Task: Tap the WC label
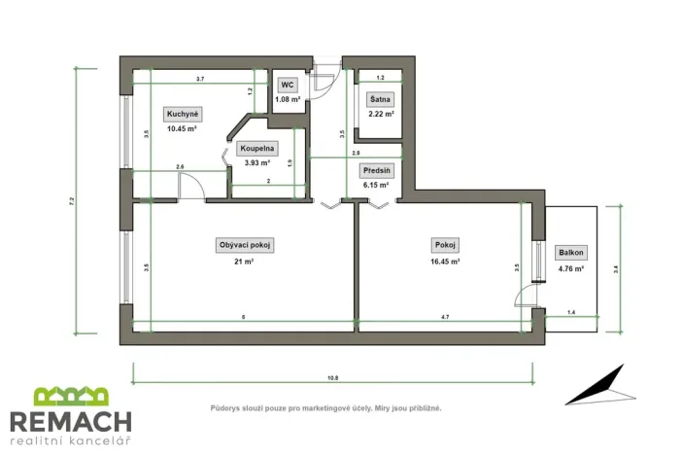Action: coord(288,86)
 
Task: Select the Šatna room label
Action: coord(380,100)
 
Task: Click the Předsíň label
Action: coord(376,169)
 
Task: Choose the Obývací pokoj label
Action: coord(245,246)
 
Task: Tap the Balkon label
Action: coord(570,253)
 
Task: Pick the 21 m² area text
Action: coord(244,262)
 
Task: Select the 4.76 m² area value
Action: coord(570,268)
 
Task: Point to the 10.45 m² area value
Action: coord(182,128)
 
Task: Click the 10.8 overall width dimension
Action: coord(332,377)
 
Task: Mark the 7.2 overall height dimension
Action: coord(72,200)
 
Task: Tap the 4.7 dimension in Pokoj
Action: coord(445,318)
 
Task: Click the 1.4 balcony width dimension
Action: coord(569,311)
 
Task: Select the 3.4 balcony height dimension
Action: coord(616,271)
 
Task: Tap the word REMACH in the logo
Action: coord(70,421)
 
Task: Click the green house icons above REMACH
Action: coord(70,396)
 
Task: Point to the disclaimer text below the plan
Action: coord(325,408)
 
